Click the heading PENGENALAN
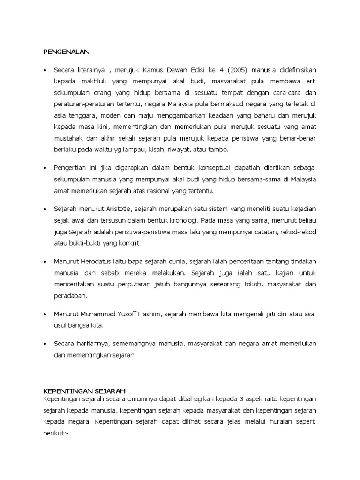66,52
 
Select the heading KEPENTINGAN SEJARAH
84,390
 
